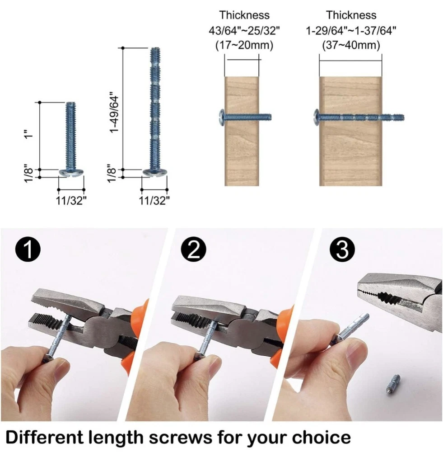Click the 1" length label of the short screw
click(28, 134)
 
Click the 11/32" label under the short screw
click(71, 200)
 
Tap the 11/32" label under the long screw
click(154, 200)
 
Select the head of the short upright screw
click(71, 173)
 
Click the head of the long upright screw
click(155, 172)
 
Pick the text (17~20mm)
click(244, 45)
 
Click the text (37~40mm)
click(351, 45)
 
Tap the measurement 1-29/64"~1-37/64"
click(351, 30)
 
